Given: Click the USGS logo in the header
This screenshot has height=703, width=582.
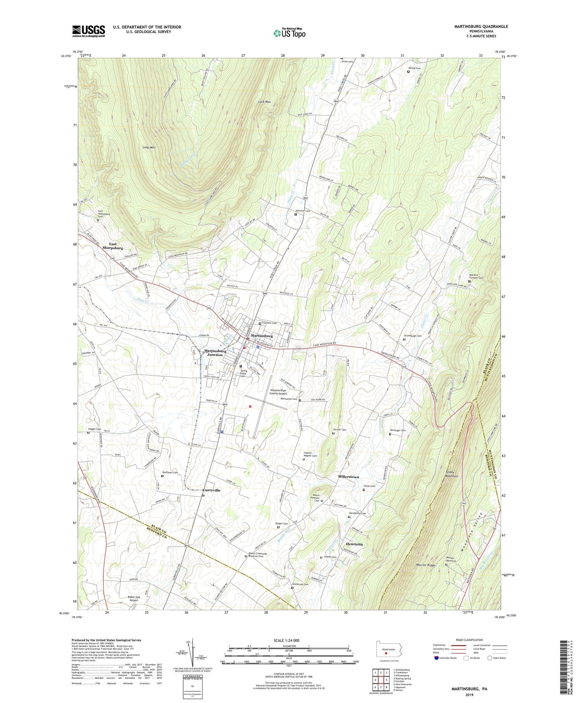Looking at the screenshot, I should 88,31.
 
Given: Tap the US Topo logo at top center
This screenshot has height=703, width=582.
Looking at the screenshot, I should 289,33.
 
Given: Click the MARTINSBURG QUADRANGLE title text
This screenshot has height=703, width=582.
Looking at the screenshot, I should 481,27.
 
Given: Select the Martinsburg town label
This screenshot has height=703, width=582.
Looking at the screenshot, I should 261,335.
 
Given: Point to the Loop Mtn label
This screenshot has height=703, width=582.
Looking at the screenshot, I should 149,147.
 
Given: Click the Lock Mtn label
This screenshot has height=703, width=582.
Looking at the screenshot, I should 264,102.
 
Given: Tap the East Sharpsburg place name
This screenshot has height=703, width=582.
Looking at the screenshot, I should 112,246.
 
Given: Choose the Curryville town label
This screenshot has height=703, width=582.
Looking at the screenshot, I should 211,490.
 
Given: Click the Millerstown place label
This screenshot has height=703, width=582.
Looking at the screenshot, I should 348,477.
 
